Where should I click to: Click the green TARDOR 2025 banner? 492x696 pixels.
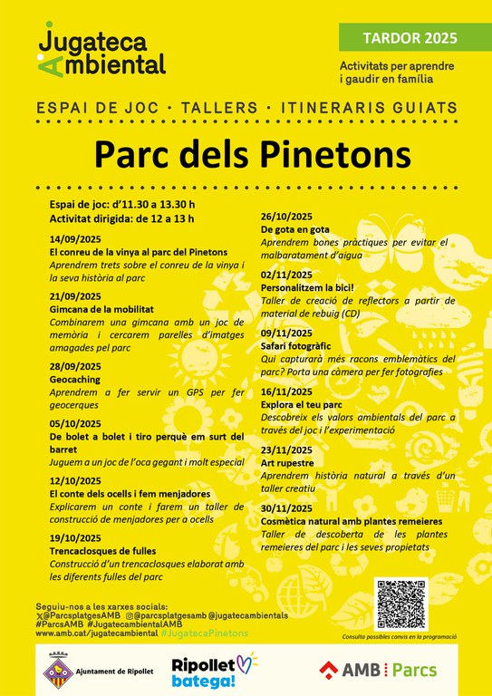tap(410, 38)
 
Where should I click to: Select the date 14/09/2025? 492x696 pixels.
tap(75, 238)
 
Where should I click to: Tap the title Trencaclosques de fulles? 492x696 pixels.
tap(102, 550)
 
